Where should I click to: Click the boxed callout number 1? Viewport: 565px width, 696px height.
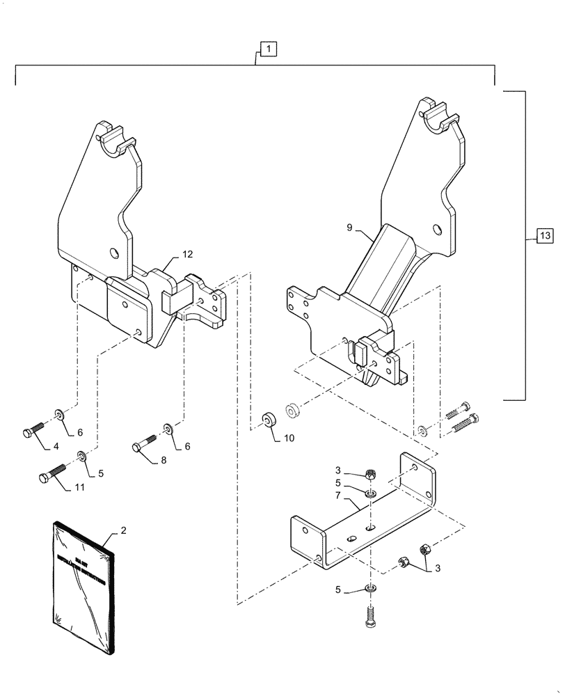pyautogui.click(x=269, y=49)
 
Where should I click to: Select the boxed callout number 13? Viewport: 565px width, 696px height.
pyautogui.click(x=544, y=237)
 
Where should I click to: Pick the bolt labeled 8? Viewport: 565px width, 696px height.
pyautogui.click(x=147, y=443)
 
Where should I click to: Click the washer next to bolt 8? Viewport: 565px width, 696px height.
pyautogui.click(x=168, y=427)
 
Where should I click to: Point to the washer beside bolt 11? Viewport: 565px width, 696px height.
pyautogui.click(x=82, y=456)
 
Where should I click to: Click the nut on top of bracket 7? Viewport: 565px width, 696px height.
pyautogui.click(x=372, y=475)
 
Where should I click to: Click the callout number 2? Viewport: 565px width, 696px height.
pyautogui.click(x=123, y=530)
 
